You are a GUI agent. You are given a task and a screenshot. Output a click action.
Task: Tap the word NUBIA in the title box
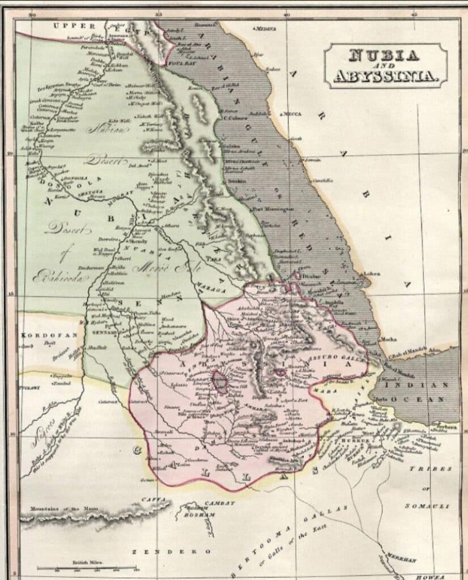pyautogui.click(x=385, y=56)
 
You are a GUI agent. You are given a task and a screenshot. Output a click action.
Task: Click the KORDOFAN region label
pyautogui.click(x=41, y=335)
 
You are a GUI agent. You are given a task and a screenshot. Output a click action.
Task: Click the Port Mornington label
pyautogui.click(x=277, y=209)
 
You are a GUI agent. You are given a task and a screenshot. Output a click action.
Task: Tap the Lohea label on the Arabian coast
pyautogui.click(x=371, y=274)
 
